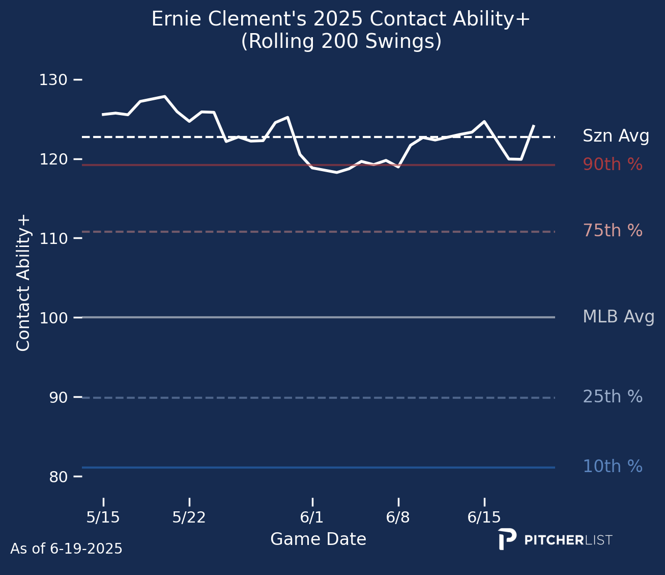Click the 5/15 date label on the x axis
[x=103, y=518]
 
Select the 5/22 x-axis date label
[x=189, y=518]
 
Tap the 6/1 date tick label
[x=312, y=518]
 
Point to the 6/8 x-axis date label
[x=398, y=518]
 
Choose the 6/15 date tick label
[x=484, y=518]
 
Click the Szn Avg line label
[x=616, y=136]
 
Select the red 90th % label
[x=612, y=165]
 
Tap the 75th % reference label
[x=612, y=231]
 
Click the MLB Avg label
[x=618, y=317]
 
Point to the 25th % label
[x=612, y=397]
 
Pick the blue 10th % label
[x=612, y=467]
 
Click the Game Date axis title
[x=318, y=539]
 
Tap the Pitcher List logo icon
[x=507, y=539]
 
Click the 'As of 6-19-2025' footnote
[x=66, y=549]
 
